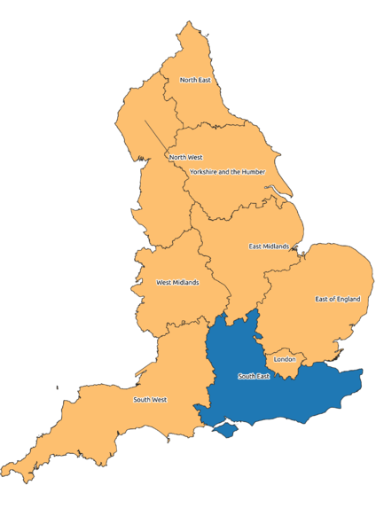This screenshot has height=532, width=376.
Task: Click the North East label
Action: (195, 80)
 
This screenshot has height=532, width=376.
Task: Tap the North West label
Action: (185, 158)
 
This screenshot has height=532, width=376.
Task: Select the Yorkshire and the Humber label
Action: (227, 171)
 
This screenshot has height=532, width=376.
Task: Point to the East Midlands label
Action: (269, 246)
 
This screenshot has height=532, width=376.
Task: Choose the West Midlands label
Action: (177, 283)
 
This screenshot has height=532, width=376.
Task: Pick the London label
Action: (285, 359)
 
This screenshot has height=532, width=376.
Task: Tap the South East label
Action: (254, 376)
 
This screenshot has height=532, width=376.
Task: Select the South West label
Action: (150, 400)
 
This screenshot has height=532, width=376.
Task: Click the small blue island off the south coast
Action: (227, 429)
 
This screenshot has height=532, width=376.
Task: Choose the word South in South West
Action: (142, 400)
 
